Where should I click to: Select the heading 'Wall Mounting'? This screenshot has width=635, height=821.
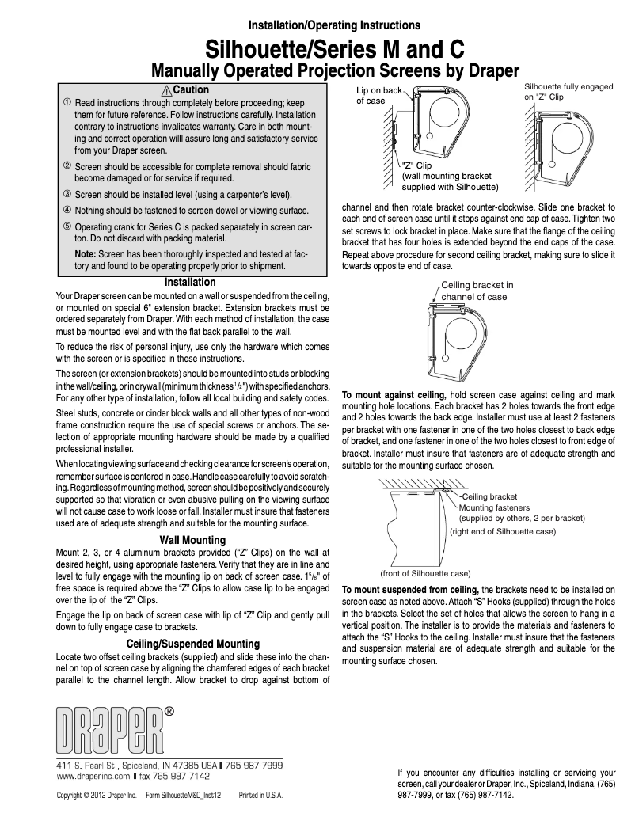(x=192, y=540)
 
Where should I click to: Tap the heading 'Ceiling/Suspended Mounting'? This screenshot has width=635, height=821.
(x=192, y=643)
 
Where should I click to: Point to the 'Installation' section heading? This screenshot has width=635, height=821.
(x=189, y=282)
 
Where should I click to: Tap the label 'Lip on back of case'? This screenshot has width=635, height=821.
(x=378, y=96)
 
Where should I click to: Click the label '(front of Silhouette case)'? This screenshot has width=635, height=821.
(x=426, y=572)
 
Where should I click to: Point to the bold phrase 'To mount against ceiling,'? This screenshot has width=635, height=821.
(x=393, y=394)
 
